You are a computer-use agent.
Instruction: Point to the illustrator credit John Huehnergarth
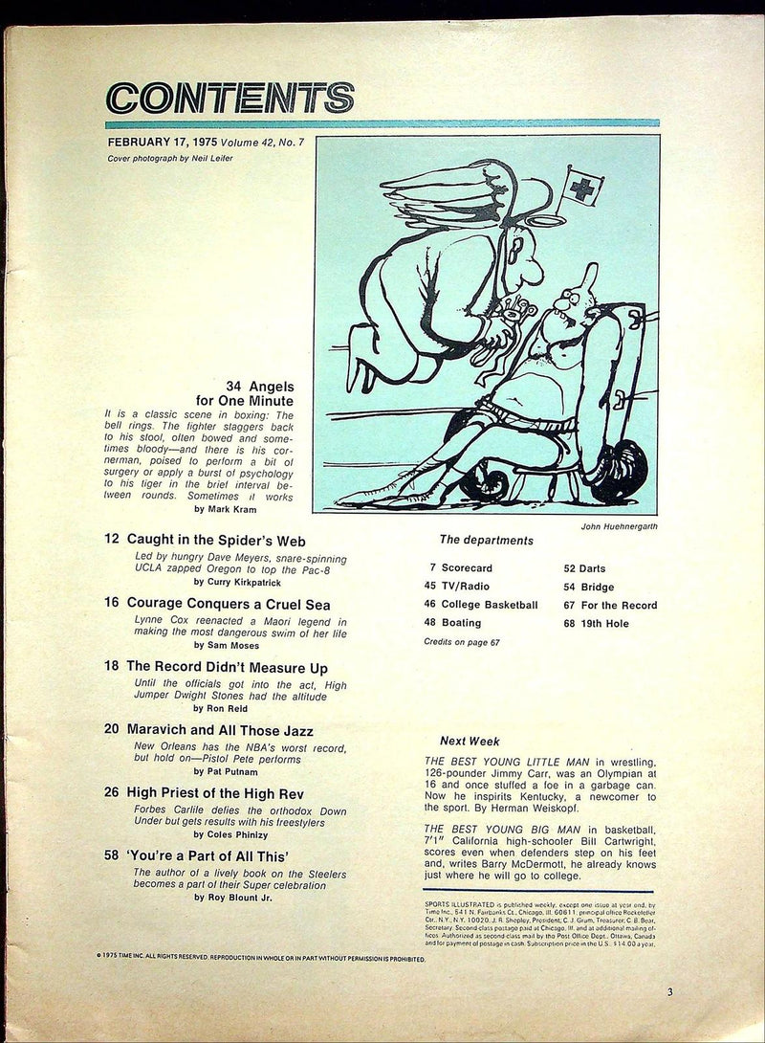[x=616, y=524]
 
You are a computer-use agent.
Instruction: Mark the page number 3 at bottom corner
[x=669, y=992]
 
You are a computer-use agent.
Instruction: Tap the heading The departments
[x=485, y=540]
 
